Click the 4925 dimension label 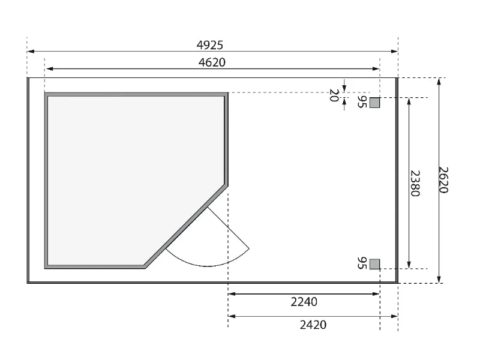pyautogui.click(x=209, y=46)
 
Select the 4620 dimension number pyautogui.click(x=212, y=62)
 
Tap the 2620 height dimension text pyautogui.click(x=443, y=180)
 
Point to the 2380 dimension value pyautogui.click(x=415, y=183)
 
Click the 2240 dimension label pyautogui.click(x=304, y=302)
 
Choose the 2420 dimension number pyautogui.click(x=313, y=325)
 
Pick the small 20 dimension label pyautogui.click(x=334, y=95)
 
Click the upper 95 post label pyautogui.click(x=362, y=102)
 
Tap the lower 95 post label pyautogui.click(x=362, y=263)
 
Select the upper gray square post pyautogui.click(x=374, y=103)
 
